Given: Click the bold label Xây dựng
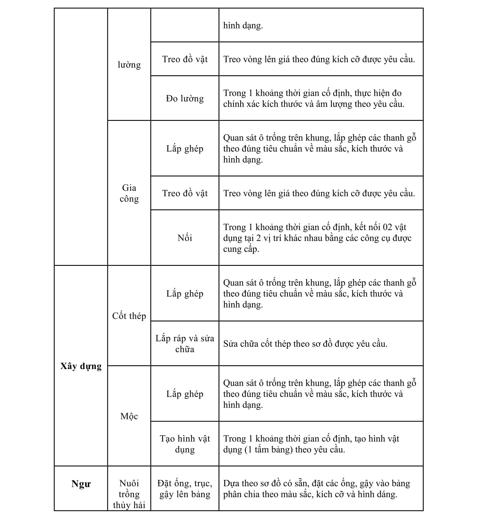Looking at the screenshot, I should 81,366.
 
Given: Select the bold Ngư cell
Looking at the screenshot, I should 81,484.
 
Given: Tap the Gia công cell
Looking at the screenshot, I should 129,193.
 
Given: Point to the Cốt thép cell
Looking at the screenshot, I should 129,316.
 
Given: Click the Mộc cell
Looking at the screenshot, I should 129,416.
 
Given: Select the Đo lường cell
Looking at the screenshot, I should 185,98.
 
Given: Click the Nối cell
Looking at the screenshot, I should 185,238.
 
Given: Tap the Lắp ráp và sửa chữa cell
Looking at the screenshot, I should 185,343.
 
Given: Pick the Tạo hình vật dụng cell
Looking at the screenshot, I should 185,444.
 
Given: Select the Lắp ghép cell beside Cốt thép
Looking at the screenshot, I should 185,293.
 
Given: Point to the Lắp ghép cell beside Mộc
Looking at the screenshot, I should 185,394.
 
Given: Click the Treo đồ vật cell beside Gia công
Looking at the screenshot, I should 185,193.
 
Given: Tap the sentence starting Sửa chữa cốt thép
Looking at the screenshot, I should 305,344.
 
